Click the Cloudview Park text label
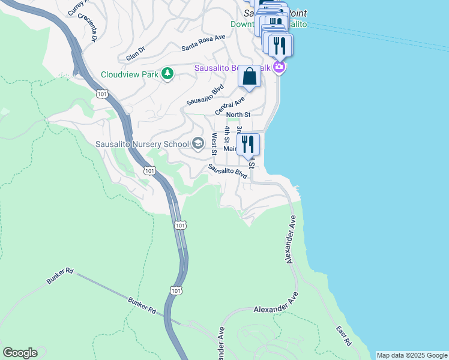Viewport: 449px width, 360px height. pyautogui.click(x=129, y=74)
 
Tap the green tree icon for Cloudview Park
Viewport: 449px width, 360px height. pyautogui.click(x=167, y=74)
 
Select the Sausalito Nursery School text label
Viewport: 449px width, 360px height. pyautogui.click(x=142, y=144)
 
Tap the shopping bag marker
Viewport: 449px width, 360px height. pyautogui.click(x=249, y=77)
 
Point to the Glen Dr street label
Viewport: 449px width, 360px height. pyautogui.click(x=136, y=53)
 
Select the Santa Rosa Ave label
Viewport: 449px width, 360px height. pyautogui.click(x=203, y=40)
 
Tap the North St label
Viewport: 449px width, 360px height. pyautogui.click(x=238, y=115)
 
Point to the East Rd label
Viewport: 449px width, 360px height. pyautogui.click(x=344, y=336)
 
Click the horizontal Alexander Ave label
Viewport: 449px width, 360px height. pyautogui.click(x=276, y=309)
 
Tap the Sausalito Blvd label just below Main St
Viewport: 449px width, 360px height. pyautogui.click(x=228, y=171)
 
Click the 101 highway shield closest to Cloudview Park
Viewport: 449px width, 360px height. pyautogui.click(x=101, y=94)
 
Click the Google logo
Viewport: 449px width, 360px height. pyautogui.click(x=20, y=353)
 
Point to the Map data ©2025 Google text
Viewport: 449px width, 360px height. pyautogui.click(x=411, y=355)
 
